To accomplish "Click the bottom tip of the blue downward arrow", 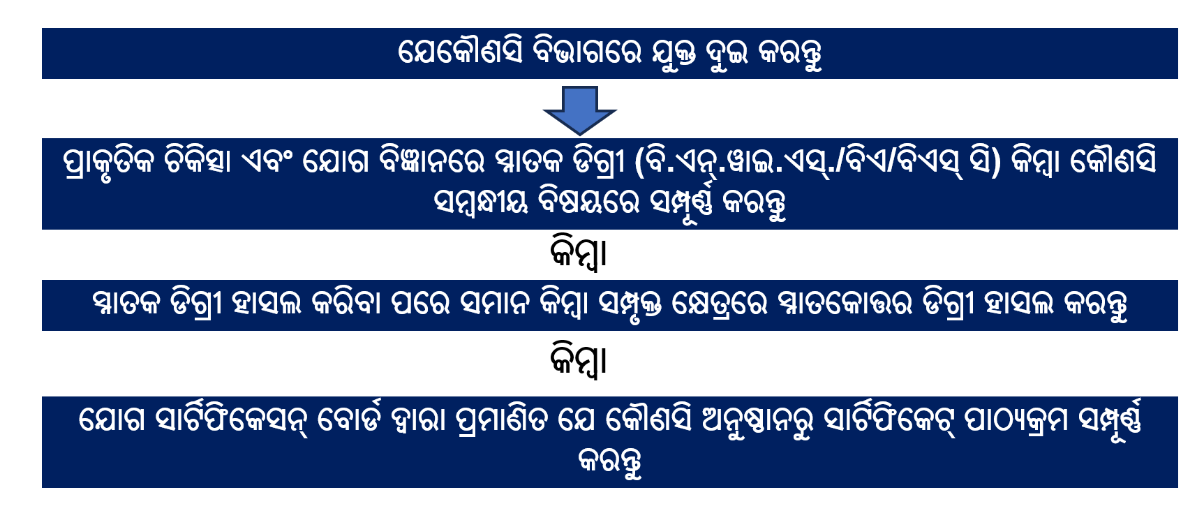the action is (579, 134).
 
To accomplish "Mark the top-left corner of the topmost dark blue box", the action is (42, 28).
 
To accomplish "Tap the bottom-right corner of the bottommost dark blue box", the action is (1178, 487).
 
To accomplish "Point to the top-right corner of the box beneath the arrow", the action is (1178, 138).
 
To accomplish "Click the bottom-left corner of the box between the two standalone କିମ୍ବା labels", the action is (42, 331).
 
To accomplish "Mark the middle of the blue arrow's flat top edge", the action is (579, 87).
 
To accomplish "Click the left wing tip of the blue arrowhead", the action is (544, 110).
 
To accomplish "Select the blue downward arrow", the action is (579, 110).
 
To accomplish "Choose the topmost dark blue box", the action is (610, 53).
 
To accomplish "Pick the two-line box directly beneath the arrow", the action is (610, 184).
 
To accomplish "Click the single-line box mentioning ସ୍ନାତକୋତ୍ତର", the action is (610, 305).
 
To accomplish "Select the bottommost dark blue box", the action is (610, 442).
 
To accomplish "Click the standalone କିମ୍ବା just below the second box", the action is (579, 253).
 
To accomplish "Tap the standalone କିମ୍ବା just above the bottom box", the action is (579, 360).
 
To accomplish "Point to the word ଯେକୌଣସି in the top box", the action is (460, 51).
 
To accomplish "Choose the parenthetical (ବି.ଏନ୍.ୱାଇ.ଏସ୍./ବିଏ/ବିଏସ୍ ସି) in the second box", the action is (817, 162).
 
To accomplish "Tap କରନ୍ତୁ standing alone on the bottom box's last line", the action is (610, 462).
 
